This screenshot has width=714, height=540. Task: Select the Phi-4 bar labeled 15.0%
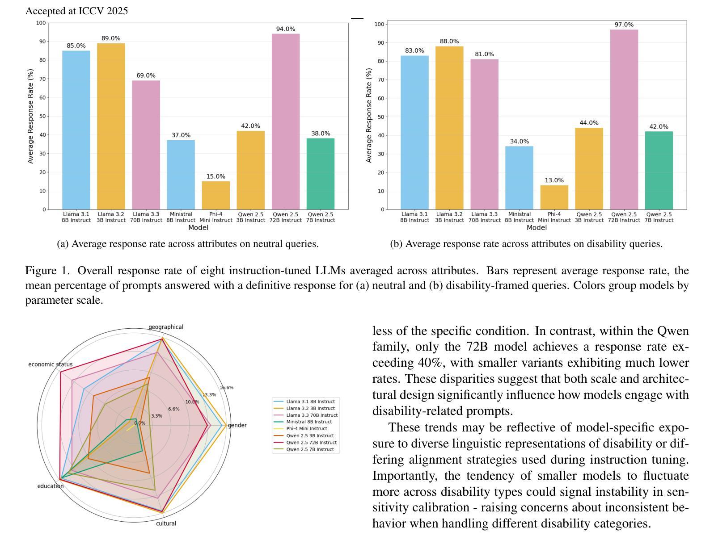216,195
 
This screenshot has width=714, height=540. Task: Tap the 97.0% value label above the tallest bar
624,25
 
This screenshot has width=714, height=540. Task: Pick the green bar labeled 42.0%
659,170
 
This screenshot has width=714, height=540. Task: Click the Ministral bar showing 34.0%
520,178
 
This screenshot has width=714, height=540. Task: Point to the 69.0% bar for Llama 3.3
146,145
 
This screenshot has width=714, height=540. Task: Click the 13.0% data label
554,180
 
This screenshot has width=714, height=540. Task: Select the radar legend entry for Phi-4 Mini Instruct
306,429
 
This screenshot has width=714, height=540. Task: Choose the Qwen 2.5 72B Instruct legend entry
311,443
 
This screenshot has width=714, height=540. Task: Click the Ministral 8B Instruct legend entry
308,422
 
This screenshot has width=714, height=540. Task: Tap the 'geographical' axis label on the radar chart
166,327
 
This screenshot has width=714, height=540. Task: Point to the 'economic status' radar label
50,364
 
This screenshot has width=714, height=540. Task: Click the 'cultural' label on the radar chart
166,523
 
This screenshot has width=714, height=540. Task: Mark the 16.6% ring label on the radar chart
226,388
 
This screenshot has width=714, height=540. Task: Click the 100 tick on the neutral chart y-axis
41,23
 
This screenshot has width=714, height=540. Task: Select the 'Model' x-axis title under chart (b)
537,228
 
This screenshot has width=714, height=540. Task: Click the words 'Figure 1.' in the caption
48,271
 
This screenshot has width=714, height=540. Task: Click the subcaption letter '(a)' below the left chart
63,244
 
